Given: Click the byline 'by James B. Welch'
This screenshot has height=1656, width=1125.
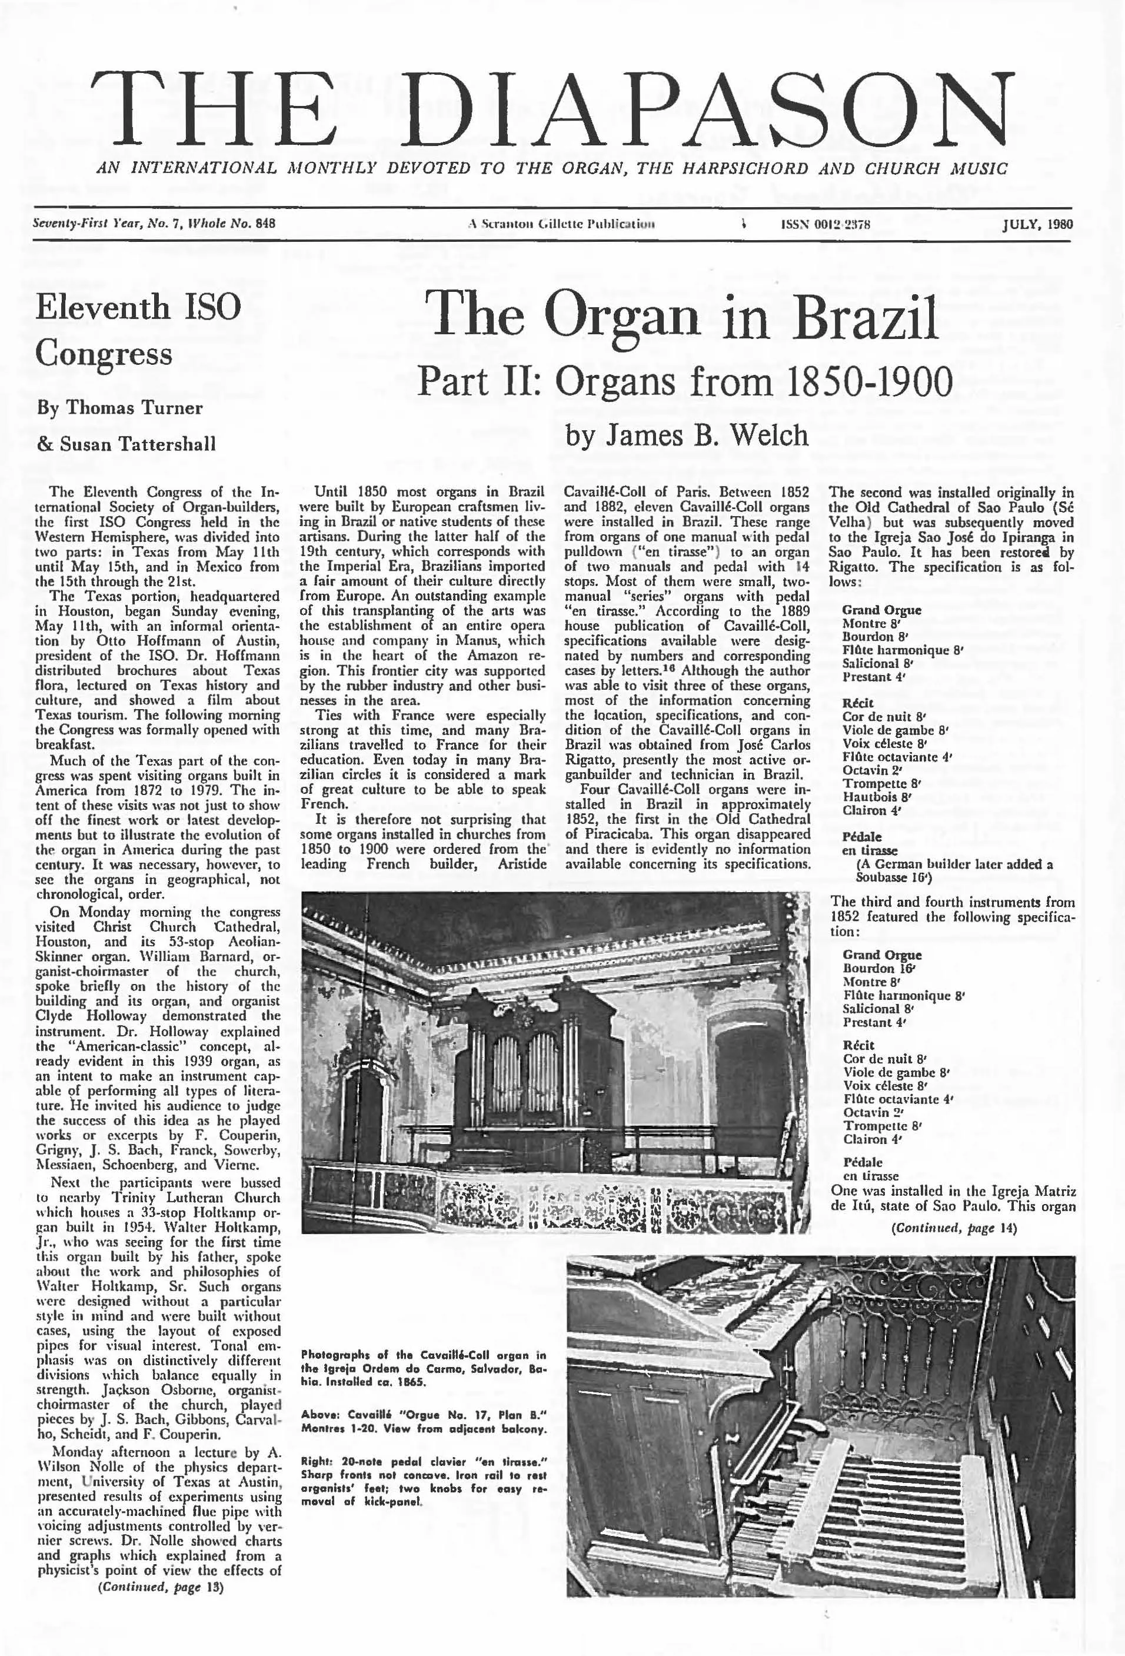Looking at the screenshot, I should click(687, 435).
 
